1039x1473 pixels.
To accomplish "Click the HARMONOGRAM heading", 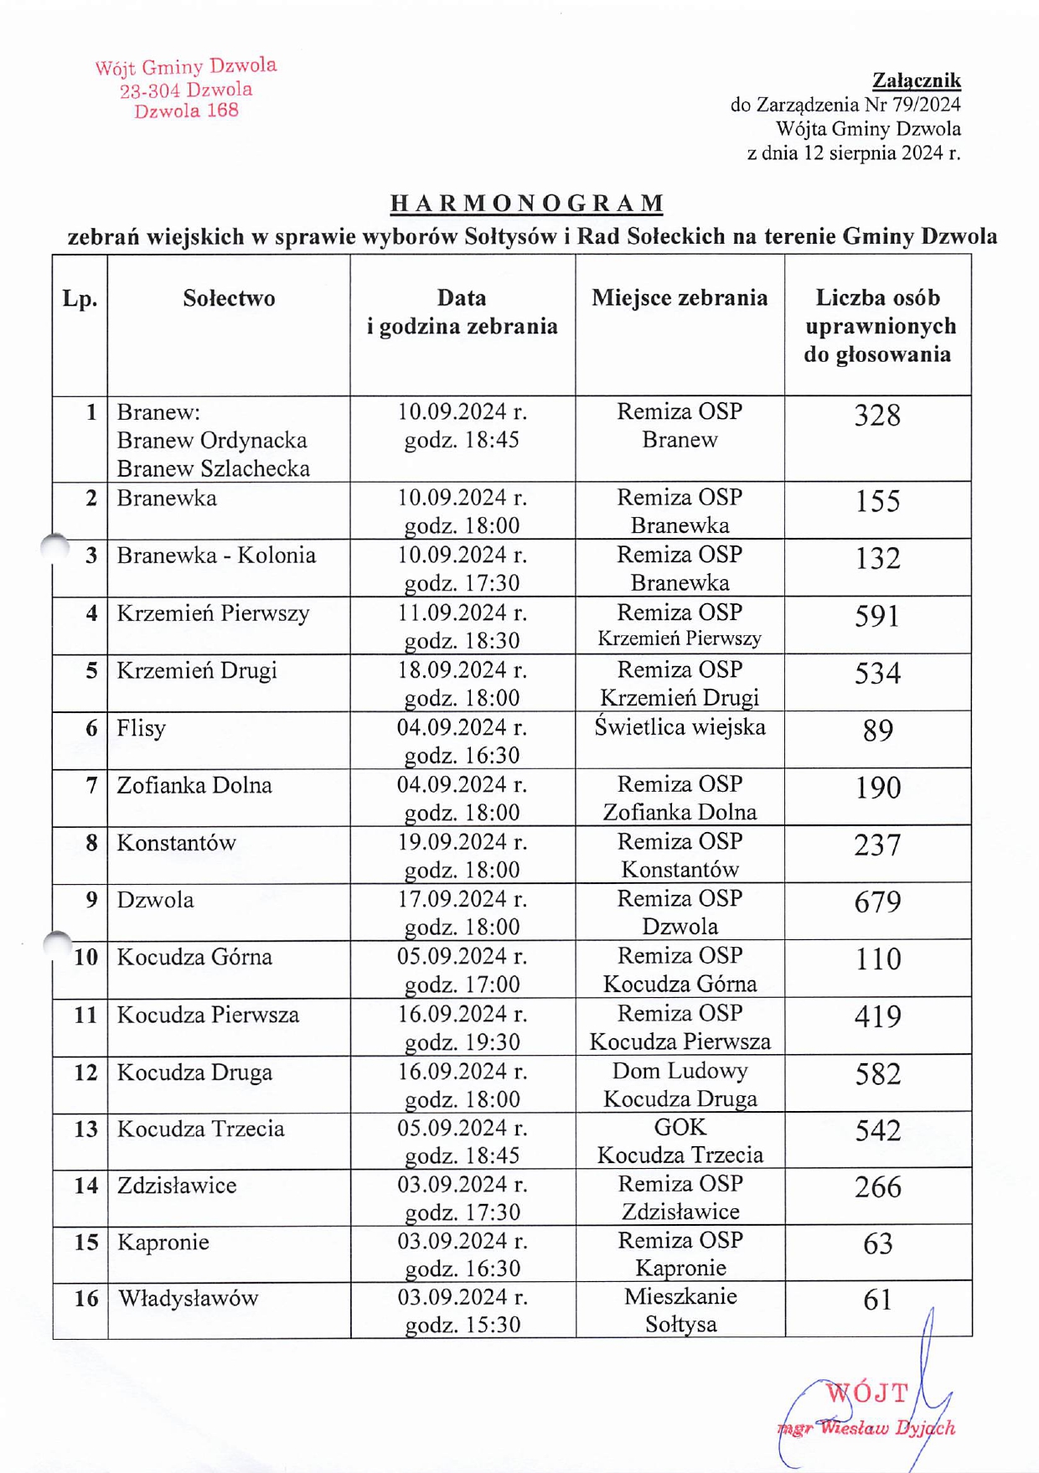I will [527, 204].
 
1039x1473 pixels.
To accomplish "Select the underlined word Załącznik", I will [916, 80].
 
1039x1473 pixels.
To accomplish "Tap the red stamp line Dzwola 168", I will [186, 111].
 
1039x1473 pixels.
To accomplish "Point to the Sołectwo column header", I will [229, 298].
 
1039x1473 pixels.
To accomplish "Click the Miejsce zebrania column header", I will [680, 298].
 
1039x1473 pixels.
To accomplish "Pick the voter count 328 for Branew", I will [877, 416].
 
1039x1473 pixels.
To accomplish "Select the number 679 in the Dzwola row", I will [877, 902].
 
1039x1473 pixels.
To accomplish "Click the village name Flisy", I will [142, 728].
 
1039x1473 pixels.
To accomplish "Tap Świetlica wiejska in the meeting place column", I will [680, 727].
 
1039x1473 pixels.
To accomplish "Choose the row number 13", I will [85, 1129].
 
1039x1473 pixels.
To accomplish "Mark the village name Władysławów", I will [189, 1299].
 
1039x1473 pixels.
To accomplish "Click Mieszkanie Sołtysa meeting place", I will [680, 1310].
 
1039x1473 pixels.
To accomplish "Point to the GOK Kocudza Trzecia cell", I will [680, 1141].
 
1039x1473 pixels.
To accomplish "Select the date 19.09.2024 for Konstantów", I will [462, 842].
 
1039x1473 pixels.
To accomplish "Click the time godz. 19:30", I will [462, 1042].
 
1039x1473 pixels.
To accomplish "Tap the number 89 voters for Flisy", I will [877, 731].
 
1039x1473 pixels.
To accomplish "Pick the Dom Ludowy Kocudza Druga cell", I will [680, 1084].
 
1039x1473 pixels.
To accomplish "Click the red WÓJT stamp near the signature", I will [867, 1393].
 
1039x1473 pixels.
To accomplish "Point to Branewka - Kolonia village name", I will [216, 556].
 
